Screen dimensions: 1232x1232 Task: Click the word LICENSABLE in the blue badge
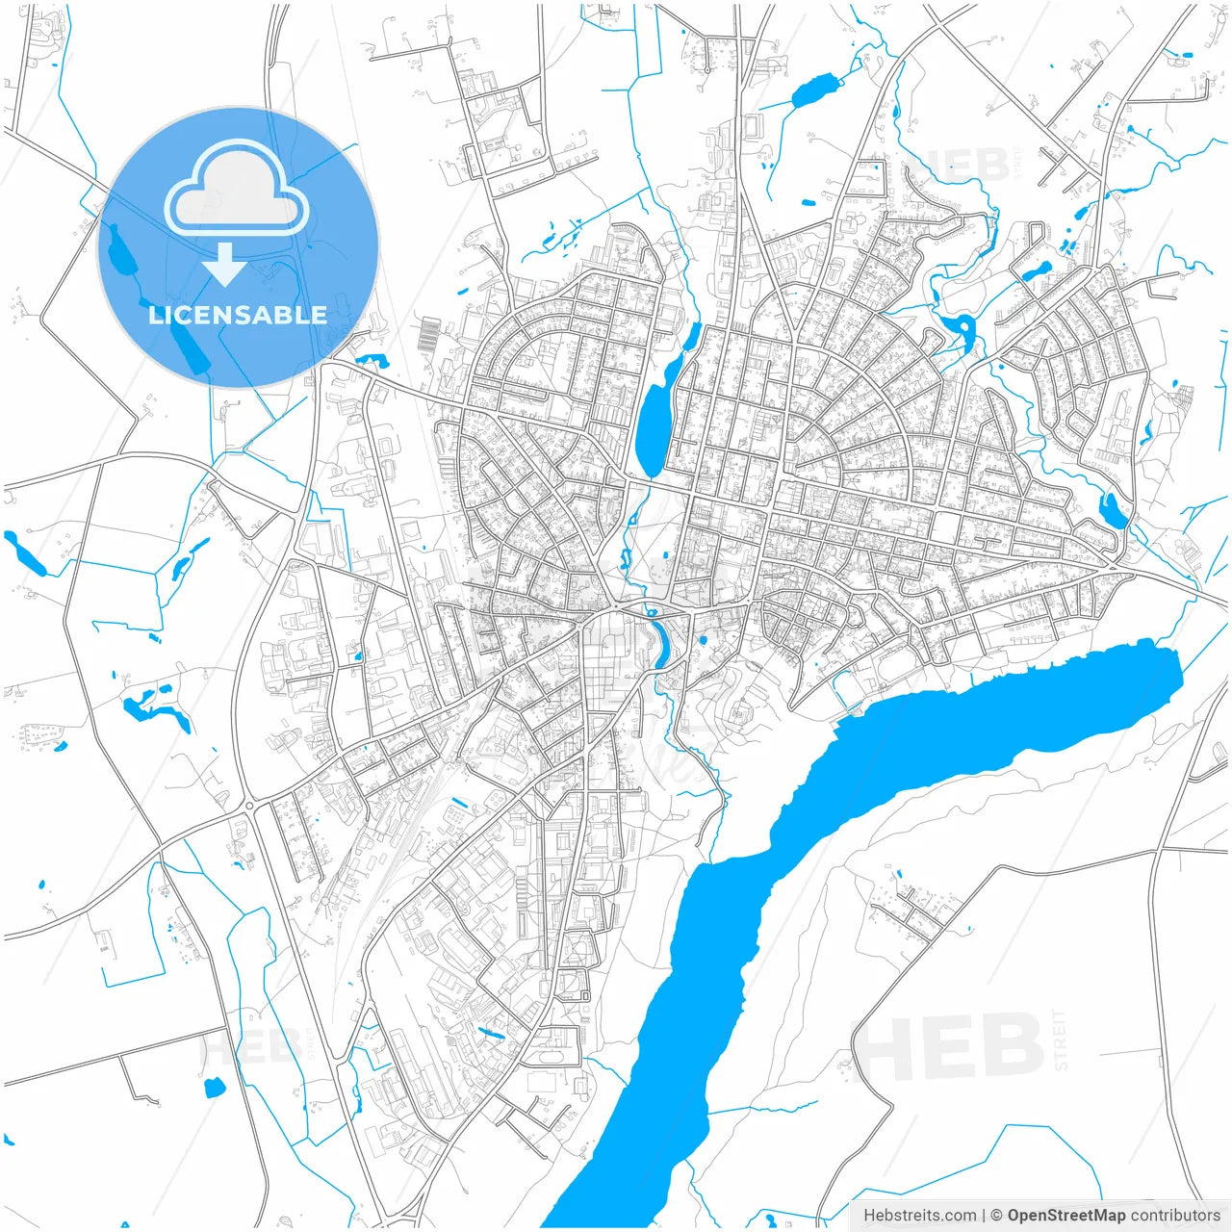click(x=238, y=315)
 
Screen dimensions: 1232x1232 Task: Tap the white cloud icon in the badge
click(x=237, y=189)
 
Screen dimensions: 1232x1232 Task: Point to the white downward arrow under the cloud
click(x=225, y=266)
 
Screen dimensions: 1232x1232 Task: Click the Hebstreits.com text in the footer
click(x=919, y=1216)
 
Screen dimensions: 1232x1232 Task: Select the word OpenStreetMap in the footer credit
click(x=1065, y=1216)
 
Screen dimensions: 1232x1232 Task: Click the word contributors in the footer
click(x=1174, y=1216)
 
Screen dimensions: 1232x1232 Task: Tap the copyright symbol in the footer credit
click(x=997, y=1216)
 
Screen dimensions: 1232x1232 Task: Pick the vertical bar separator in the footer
click(x=983, y=1216)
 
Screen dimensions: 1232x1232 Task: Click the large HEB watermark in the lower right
click(x=947, y=1046)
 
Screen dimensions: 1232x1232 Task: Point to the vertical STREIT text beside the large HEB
click(x=1061, y=1039)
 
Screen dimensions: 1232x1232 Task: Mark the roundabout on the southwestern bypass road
click(x=248, y=805)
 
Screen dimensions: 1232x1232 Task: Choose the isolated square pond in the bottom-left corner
click(x=214, y=1088)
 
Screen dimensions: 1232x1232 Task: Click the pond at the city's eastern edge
click(x=1115, y=511)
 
